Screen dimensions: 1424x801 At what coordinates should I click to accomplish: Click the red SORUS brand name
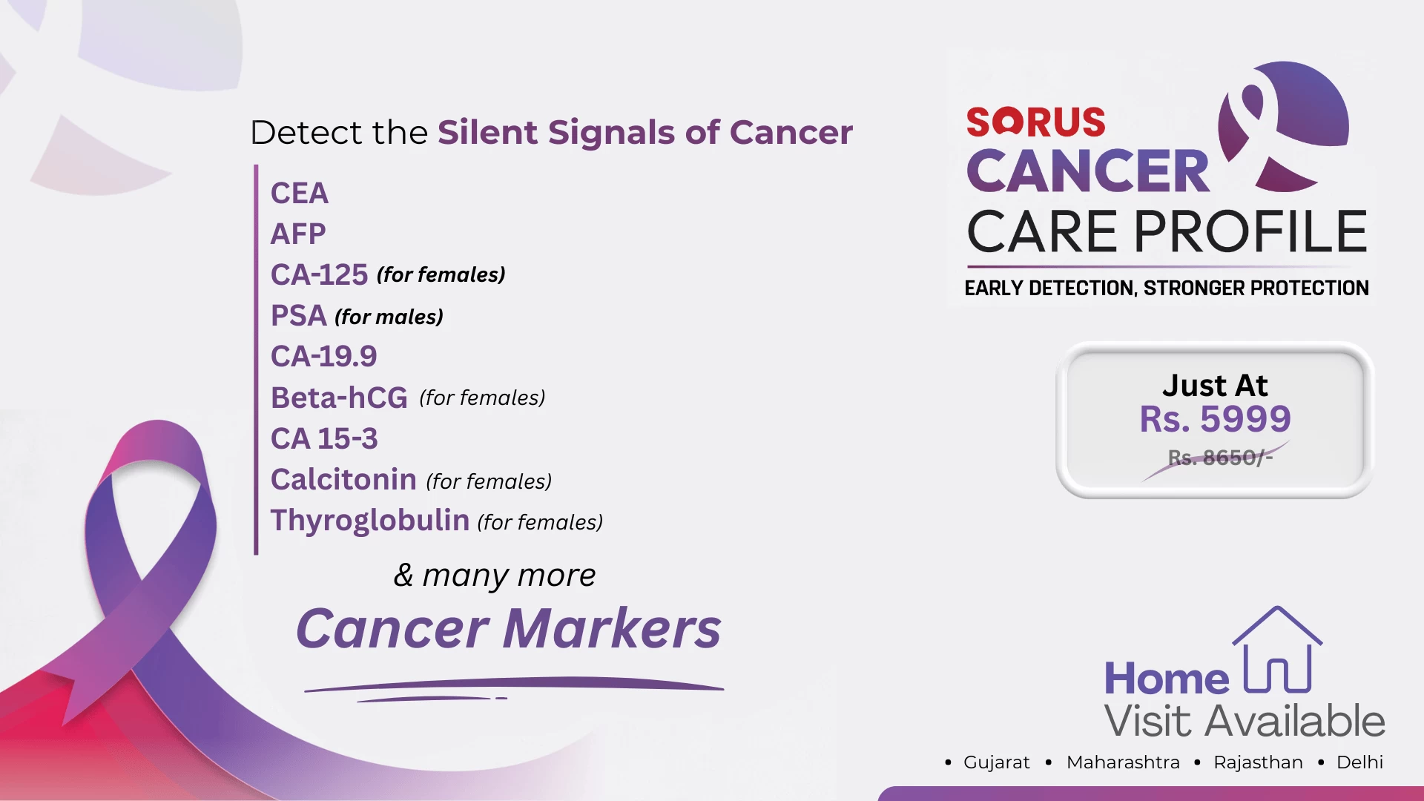click(x=1035, y=122)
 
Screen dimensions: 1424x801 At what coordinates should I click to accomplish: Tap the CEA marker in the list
click(x=300, y=194)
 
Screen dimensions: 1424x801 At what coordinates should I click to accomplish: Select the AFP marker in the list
click(x=298, y=234)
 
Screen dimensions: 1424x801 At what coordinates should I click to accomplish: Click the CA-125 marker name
click(x=319, y=275)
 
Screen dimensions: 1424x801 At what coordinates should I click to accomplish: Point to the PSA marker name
click(x=299, y=316)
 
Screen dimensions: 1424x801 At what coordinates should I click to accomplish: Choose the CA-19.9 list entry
click(x=324, y=357)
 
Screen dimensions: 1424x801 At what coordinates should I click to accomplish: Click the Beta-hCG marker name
click(x=339, y=398)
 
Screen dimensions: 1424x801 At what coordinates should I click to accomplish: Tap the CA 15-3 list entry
click(x=324, y=439)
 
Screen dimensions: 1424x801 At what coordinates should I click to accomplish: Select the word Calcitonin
click(x=343, y=480)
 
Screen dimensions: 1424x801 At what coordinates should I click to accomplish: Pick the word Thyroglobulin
click(x=370, y=521)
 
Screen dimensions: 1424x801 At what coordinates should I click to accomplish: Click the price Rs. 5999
click(x=1215, y=419)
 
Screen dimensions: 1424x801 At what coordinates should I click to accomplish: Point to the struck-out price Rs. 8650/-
click(x=1220, y=458)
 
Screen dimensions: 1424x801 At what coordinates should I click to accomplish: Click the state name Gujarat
click(x=997, y=762)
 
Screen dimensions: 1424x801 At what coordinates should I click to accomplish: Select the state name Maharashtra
click(x=1123, y=762)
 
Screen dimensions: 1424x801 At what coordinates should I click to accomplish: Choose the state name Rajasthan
click(x=1258, y=762)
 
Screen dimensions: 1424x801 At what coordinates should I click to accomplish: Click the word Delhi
click(x=1359, y=762)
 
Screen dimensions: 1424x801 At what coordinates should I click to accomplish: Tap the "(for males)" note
click(x=389, y=317)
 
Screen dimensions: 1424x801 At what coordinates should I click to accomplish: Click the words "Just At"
click(x=1215, y=386)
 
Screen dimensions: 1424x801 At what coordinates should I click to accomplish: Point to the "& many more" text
click(x=495, y=576)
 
